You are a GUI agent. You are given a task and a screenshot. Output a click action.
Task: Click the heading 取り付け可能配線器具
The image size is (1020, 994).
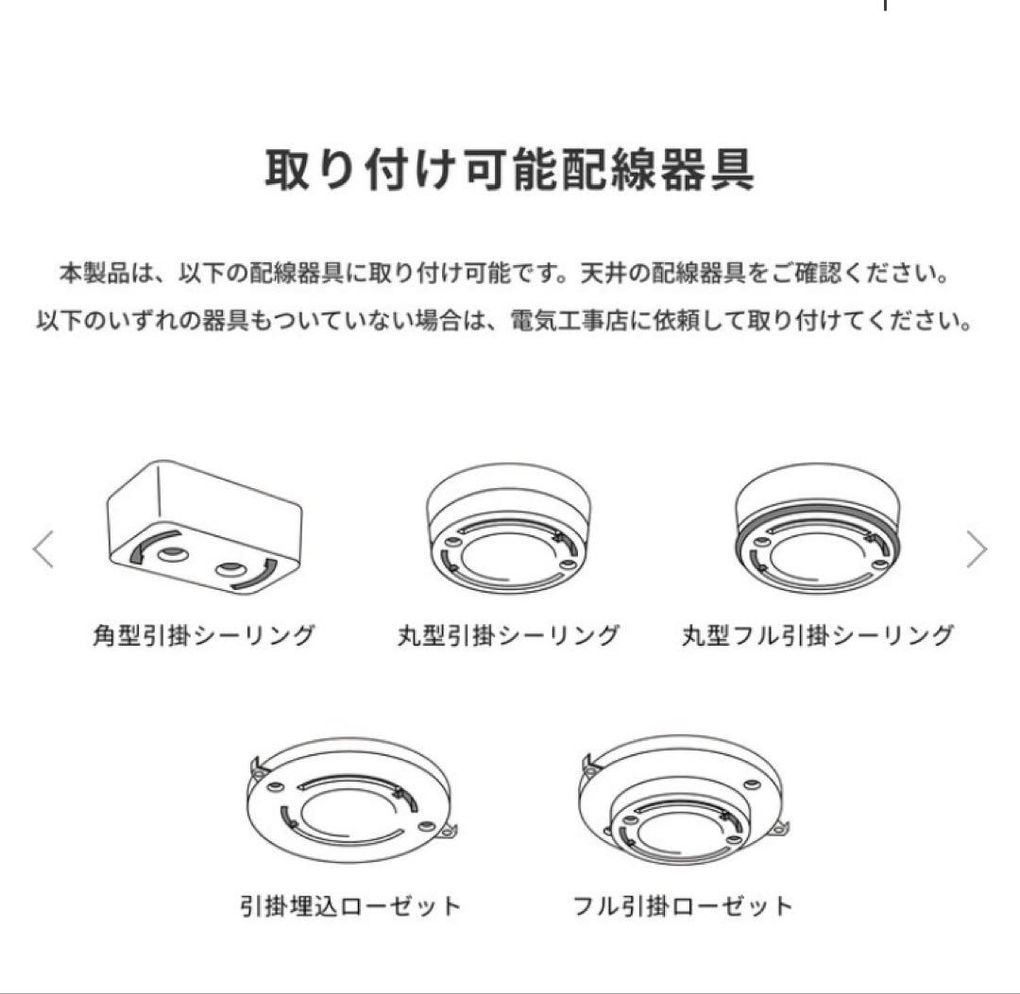click(x=509, y=171)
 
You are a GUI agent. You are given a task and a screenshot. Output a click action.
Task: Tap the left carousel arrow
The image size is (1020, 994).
click(x=43, y=549)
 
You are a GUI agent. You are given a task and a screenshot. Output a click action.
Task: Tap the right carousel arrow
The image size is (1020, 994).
click(x=977, y=549)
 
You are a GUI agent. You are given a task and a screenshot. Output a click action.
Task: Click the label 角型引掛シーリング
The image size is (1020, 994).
click(x=203, y=635)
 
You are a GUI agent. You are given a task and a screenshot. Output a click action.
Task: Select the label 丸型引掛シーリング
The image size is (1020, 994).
click(x=508, y=635)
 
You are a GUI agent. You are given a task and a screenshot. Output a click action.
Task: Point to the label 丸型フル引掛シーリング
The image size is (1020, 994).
click(x=817, y=635)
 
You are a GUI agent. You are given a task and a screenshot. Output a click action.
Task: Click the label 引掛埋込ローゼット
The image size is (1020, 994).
click(x=350, y=907)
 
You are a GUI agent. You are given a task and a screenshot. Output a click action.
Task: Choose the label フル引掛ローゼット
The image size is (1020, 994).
click(x=683, y=907)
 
